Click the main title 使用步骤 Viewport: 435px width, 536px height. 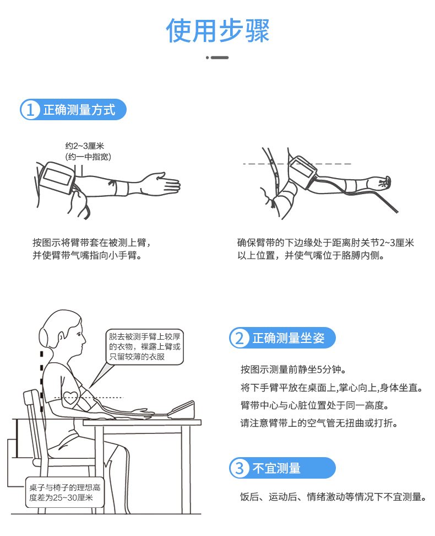[x=218, y=30]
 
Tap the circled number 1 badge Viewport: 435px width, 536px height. [x=30, y=110]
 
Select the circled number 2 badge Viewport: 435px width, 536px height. [x=240, y=338]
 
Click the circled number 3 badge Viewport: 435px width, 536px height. [x=240, y=468]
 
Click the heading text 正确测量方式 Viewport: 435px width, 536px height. [x=79, y=110]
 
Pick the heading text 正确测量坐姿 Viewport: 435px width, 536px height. [x=289, y=338]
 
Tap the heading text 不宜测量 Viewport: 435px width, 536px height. [x=276, y=468]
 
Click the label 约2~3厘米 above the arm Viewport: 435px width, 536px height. [x=85, y=146]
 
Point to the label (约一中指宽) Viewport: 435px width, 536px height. [x=88, y=157]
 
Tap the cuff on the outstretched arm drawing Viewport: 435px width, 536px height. [x=57, y=178]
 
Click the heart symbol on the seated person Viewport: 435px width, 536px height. [x=70, y=397]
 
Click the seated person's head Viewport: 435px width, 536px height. [x=63, y=334]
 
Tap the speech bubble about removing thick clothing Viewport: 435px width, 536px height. [x=144, y=347]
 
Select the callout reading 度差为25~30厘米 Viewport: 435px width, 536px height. [x=64, y=492]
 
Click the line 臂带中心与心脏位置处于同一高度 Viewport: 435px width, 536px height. [x=315, y=405]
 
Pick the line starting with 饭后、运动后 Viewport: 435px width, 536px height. [x=333, y=497]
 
